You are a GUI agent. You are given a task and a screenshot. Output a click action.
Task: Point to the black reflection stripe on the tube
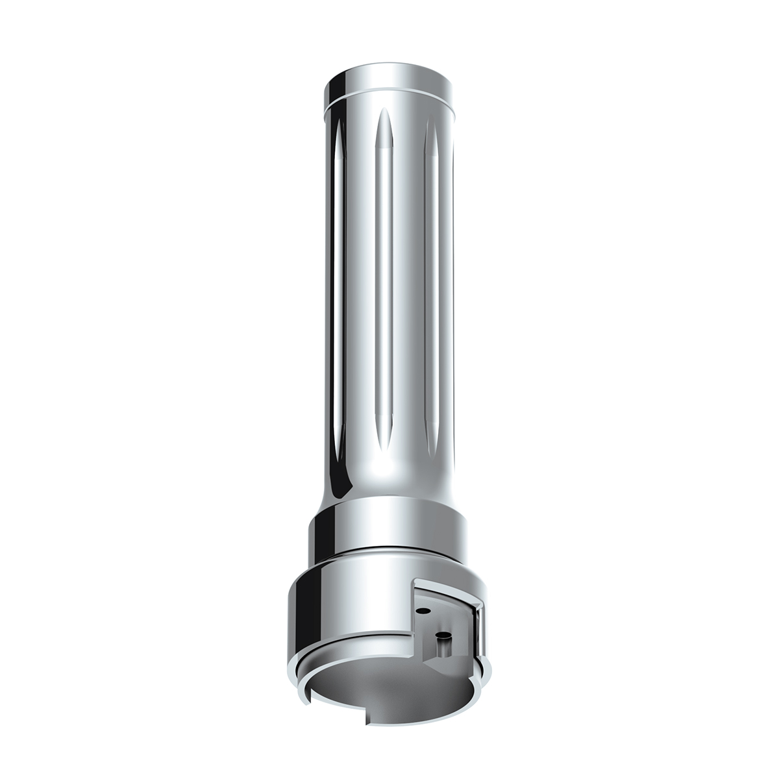(x=332, y=292)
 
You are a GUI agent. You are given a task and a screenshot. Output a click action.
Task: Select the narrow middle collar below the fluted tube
(x=389, y=526)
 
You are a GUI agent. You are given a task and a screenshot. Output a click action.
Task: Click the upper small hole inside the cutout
(x=423, y=610)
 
